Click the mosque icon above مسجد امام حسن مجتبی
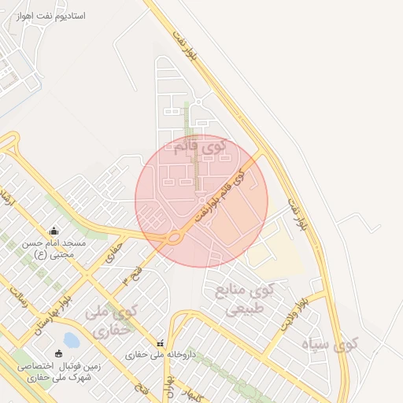54,231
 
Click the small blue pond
71,340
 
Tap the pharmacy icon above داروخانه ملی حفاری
161,343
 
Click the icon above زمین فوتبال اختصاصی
58,353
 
